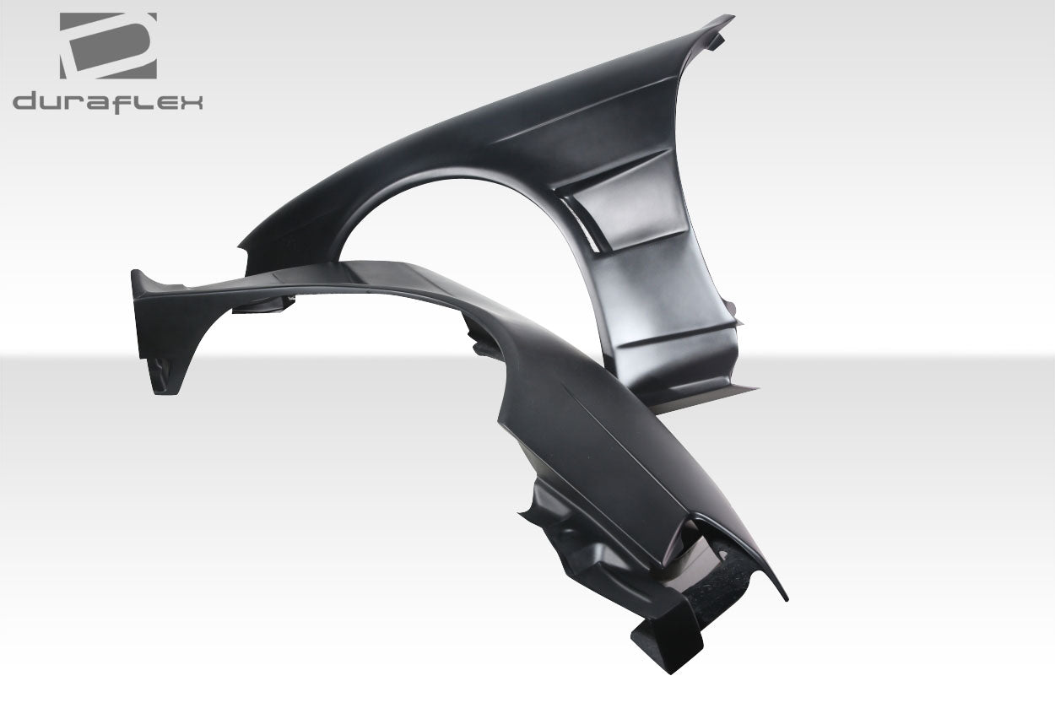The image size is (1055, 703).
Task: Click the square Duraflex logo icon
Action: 107,46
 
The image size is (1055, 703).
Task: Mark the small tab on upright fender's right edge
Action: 738,318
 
